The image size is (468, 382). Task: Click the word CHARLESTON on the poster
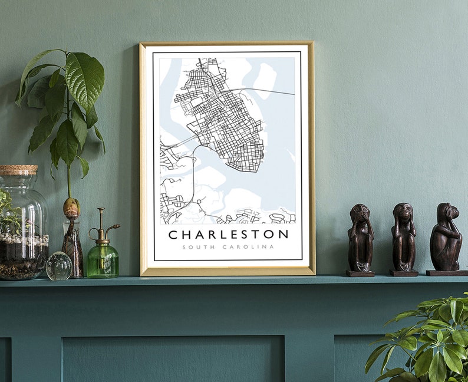point(228,234)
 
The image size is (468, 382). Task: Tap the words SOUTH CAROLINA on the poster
point(228,247)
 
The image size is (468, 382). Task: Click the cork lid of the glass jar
point(18,170)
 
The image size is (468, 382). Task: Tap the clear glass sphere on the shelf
point(59,266)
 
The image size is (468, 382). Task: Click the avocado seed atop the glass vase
point(71,208)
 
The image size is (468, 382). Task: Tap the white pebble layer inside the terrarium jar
point(24,240)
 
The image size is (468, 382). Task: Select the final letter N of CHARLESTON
point(284,235)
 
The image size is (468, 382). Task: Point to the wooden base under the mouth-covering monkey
point(360,274)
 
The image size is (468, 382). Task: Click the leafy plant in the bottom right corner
point(430,342)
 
